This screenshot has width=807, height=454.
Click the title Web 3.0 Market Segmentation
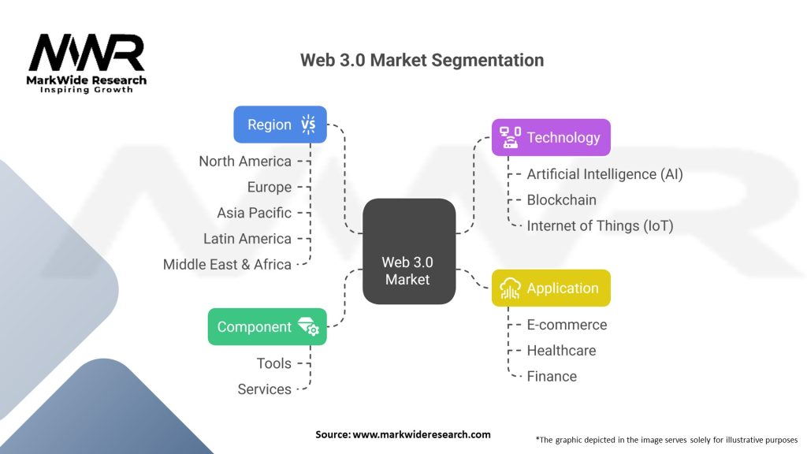pyautogui.click(x=422, y=60)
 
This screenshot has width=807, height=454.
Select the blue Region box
pyautogui.click(x=280, y=125)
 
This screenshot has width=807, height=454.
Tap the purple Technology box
pyautogui.click(x=551, y=137)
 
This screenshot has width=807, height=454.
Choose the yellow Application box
pyautogui.click(x=551, y=288)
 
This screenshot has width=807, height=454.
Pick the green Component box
pyautogui.click(x=267, y=326)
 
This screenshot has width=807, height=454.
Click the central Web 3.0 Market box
pyautogui.click(x=409, y=251)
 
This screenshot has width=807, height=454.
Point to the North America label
pyautogui.click(x=245, y=161)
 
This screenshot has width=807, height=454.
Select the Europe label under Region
pyautogui.click(x=269, y=187)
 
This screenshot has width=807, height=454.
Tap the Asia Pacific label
pyautogui.click(x=254, y=213)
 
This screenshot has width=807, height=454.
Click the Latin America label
pyautogui.click(x=247, y=238)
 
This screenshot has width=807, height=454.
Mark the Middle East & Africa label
pyautogui.click(x=227, y=264)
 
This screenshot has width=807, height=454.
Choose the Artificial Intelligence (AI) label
pyautogui.click(x=604, y=174)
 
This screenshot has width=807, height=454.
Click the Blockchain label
pyautogui.click(x=561, y=199)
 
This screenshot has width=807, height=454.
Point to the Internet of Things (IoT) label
pyautogui.click(x=600, y=225)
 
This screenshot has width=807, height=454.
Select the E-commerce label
pyautogui.click(x=567, y=325)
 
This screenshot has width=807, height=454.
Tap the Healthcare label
pyautogui.click(x=561, y=350)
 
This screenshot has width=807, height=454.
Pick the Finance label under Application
pyautogui.click(x=552, y=376)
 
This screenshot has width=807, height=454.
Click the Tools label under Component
pyautogui.click(x=273, y=363)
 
